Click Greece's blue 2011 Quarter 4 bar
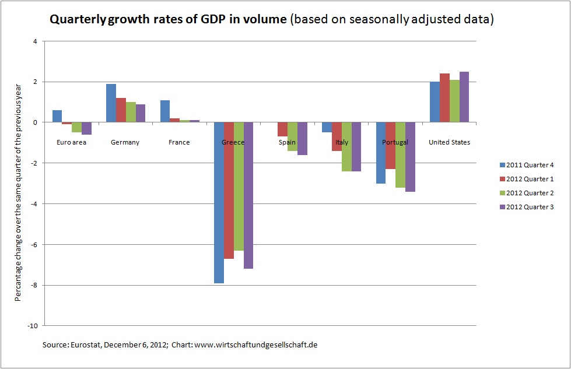coord(219,202)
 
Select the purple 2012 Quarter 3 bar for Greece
coord(249,195)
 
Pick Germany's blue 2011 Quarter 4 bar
coord(111,103)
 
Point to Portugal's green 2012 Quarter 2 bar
coord(401,154)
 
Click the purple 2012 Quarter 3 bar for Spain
coord(302,139)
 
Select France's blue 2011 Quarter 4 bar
coord(165,111)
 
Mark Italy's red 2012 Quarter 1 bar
coord(337,136)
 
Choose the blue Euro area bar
coord(57,116)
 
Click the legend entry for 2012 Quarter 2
coord(526,193)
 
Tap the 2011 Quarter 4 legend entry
coord(526,165)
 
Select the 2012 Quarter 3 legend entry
coord(526,207)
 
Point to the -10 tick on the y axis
coord(33,326)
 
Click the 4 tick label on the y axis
coord(35,41)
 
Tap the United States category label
coord(449,142)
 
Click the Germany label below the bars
coord(125,142)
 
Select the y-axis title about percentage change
coord(19,183)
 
